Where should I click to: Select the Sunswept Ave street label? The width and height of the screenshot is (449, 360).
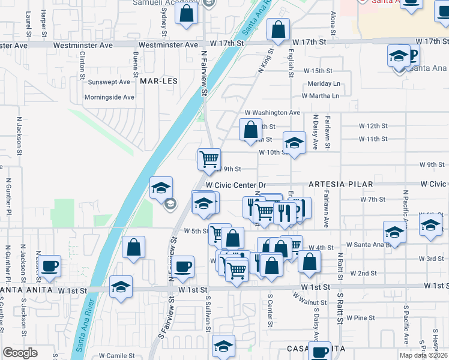[109, 82]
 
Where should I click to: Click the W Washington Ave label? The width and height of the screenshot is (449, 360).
[272, 113]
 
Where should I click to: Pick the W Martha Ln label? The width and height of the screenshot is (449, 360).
[320, 95]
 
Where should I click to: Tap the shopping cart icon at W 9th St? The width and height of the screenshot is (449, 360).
[209, 159]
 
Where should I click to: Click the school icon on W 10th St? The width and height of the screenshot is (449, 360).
[294, 143]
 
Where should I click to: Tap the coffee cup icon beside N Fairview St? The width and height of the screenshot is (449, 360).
[182, 266]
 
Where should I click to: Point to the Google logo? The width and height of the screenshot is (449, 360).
[20, 353]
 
